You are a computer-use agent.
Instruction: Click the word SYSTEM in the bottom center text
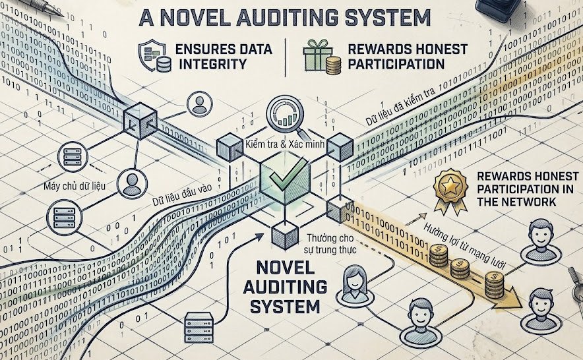click(280, 306)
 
